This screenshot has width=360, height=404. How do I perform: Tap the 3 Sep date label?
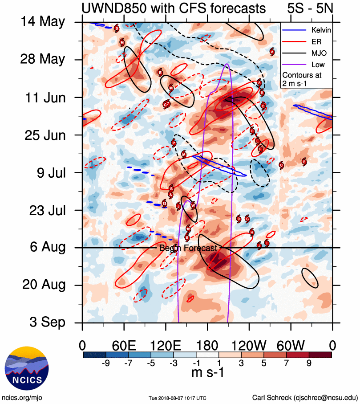click(x=44, y=322)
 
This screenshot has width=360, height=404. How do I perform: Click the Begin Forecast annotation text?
click(x=188, y=248)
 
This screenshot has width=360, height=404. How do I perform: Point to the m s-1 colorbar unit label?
click(x=207, y=373)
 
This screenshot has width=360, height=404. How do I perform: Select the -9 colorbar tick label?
click(x=106, y=363)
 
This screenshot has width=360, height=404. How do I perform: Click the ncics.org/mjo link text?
click(x=22, y=397)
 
